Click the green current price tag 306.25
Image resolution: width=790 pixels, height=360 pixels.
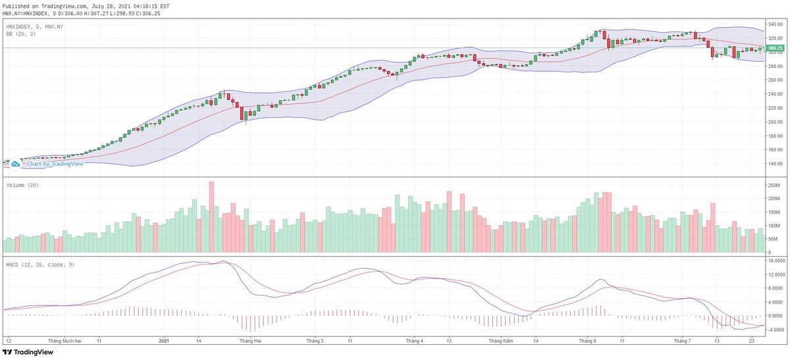(x=776, y=48)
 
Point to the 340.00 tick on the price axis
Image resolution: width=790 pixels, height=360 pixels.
(x=776, y=24)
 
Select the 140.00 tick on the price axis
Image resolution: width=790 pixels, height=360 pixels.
(x=776, y=164)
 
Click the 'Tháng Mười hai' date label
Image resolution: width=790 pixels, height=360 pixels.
(x=65, y=342)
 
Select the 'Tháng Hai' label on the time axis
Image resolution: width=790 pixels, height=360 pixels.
(x=251, y=342)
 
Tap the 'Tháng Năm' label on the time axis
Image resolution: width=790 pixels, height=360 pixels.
(x=500, y=342)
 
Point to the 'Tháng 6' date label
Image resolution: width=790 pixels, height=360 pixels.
(x=587, y=342)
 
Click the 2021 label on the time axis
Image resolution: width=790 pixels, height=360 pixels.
(x=165, y=342)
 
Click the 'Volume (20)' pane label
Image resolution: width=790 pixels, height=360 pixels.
(x=22, y=185)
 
